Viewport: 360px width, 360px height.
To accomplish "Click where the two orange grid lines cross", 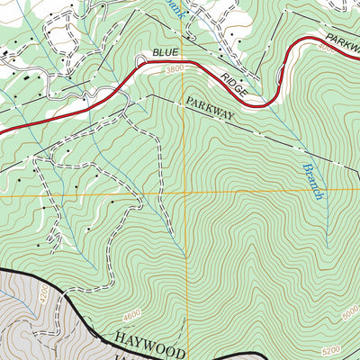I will click(186, 193).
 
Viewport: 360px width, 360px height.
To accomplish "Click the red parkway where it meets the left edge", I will click(3, 132).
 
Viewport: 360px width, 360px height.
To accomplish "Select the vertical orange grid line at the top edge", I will click(185, 4).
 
